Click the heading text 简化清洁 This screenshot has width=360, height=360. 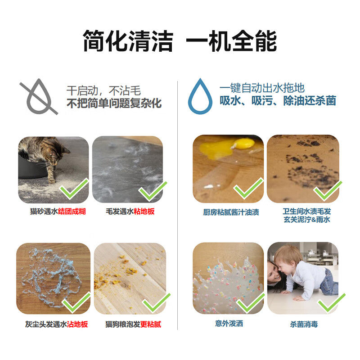tap(128, 42)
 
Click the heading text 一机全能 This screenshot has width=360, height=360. tap(231, 42)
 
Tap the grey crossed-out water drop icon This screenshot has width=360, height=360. tap(39, 96)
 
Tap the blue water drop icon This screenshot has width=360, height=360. tap(200, 96)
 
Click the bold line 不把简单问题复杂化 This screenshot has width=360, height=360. tap(114, 103)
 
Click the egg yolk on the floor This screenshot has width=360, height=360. tap(243, 144)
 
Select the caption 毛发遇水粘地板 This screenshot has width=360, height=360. tap(130, 211)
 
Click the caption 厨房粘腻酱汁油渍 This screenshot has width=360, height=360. tap(231, 212)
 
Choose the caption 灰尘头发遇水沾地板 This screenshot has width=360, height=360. tap(56, 324)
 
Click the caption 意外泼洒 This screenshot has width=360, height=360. tap(229, 323)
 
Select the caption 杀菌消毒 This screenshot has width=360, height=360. tap(304, 324)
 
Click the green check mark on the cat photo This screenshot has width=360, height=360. tap(75, 189)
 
